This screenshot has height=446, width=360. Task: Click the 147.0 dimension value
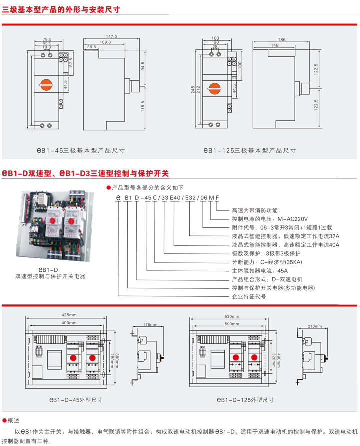[x=112, y=36]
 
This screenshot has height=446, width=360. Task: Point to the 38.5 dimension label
[x=91, y=47]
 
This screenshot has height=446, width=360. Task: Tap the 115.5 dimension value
[x=143, y=106]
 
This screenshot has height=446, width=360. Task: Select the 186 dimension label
[x=282, y=39]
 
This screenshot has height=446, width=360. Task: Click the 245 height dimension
[x=193, y=90]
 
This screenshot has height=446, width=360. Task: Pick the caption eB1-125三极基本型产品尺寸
[x=249, y=150]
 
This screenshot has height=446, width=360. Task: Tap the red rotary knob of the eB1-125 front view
[x=216, y=89]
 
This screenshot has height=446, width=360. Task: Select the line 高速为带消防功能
[x=254, y=210]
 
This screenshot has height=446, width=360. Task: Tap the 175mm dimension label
[x=149, y=324]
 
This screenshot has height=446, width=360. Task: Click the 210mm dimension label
[x=315, y=326]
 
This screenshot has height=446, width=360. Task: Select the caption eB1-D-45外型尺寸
[x=76, y=400]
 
